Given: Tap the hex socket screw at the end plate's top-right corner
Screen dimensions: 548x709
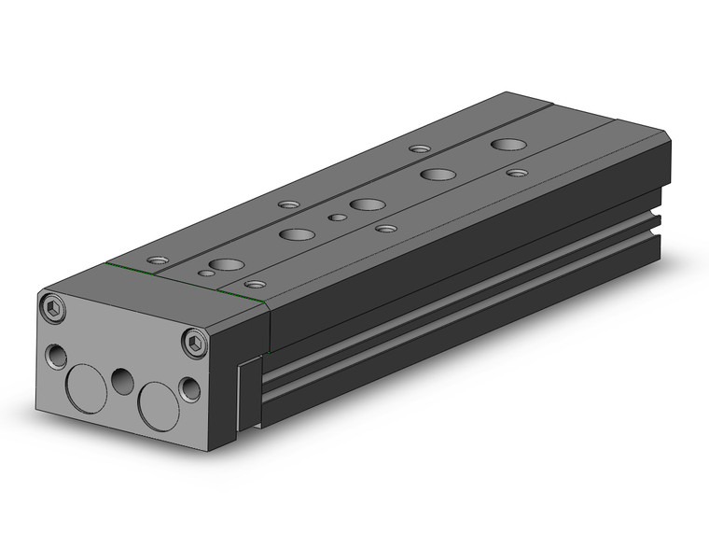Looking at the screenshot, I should (x=194, y=343).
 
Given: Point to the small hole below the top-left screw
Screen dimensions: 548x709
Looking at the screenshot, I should (x=57, y=355).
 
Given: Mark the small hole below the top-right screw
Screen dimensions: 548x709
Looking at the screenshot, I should (x=190, y=388).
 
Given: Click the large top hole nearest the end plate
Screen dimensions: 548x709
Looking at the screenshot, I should (x=223, y=265).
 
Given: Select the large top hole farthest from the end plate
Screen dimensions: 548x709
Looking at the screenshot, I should (x=508, y=145).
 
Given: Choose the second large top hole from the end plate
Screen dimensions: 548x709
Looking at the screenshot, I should (x=297, y=234).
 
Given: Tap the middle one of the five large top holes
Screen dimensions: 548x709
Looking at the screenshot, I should (x=367, y=204).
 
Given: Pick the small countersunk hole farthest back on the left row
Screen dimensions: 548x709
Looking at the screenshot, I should (x=420, y=148).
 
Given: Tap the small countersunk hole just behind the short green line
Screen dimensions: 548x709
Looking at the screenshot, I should (x=253, y=283).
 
